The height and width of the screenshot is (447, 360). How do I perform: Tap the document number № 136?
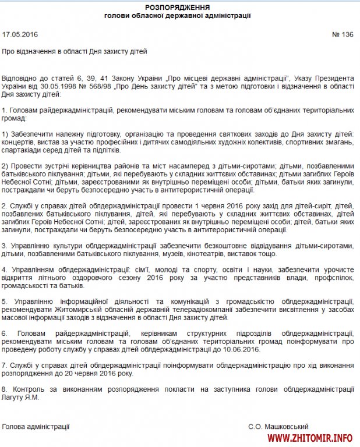click(x=343, y=34)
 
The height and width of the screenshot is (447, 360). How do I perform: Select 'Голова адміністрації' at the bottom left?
click(x=36, y=427)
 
